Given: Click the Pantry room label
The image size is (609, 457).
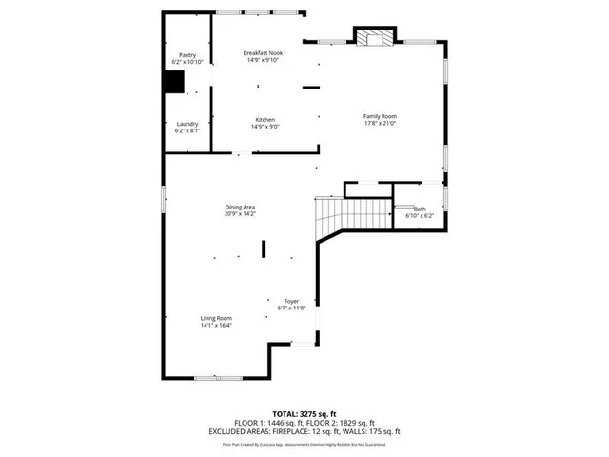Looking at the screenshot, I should click(188, 55).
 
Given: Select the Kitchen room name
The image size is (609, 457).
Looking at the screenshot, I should click(265, 119).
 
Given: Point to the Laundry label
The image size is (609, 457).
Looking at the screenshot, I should click(187, 124).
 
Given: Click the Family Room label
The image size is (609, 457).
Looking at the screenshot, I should click(379, 116).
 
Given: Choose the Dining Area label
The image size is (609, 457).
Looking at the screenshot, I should click(239, 207).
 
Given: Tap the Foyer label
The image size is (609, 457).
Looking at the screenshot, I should click(291, 301).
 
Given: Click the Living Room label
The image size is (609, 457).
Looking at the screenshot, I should click(216, 318).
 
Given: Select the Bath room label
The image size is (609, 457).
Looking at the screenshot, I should click(420, 209).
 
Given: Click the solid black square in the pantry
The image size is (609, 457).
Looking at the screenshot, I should click(173, 83).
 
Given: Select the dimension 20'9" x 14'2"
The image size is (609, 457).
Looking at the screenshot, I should click(239, 214).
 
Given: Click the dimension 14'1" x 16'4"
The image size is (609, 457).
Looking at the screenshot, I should click(216, 326).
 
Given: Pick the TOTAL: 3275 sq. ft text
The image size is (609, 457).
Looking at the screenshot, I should click(304, 412).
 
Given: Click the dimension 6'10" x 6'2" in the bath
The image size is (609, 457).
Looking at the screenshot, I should click(420, 216).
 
